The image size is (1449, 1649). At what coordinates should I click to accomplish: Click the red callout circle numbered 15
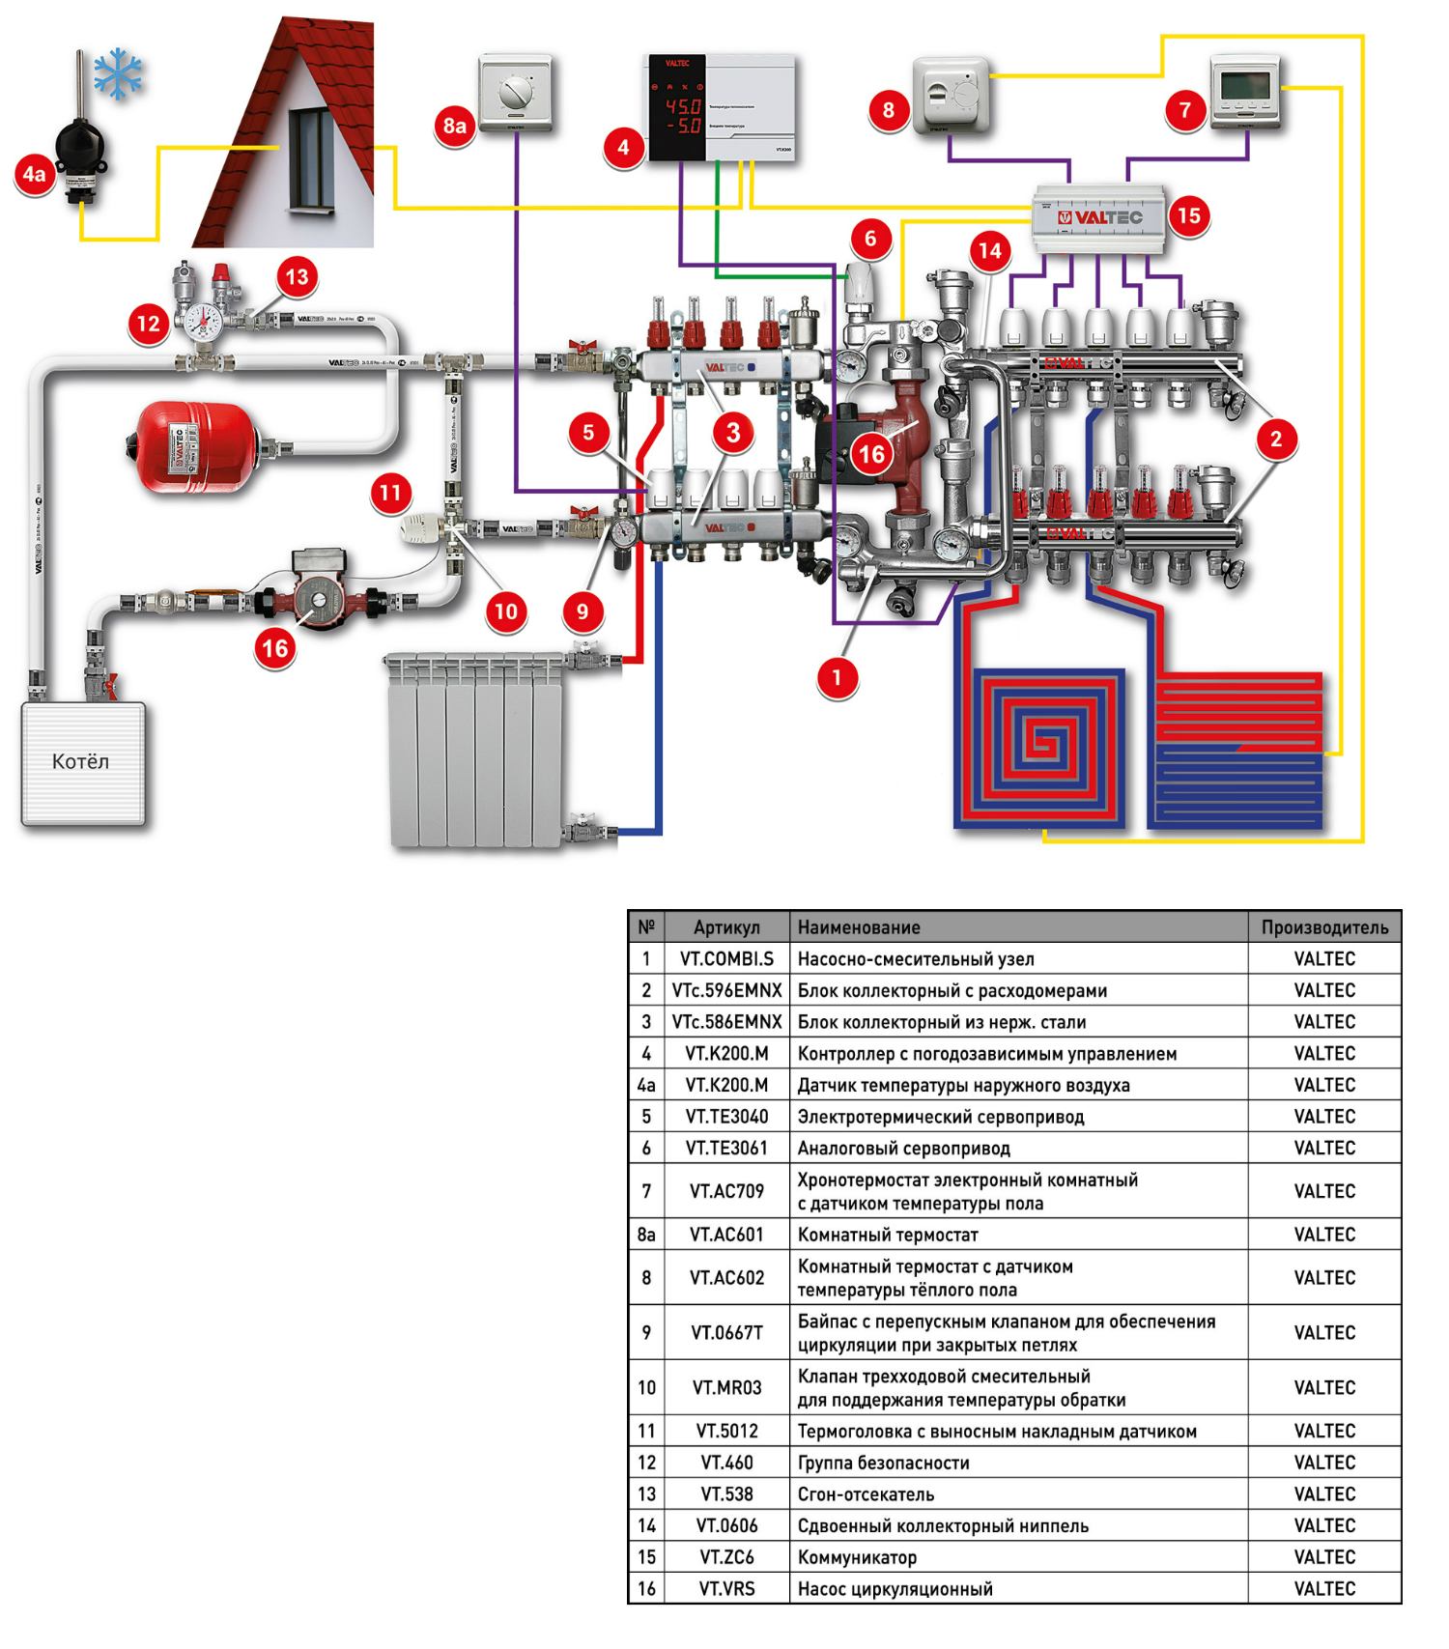1189,215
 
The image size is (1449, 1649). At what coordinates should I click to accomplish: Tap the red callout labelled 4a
34,174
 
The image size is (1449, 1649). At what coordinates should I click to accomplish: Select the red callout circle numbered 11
390,493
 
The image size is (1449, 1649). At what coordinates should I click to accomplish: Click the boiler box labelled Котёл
83,763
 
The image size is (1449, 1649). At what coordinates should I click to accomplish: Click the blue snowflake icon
118,73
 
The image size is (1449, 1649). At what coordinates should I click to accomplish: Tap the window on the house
311,159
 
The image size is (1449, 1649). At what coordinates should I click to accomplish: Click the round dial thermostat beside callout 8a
515,93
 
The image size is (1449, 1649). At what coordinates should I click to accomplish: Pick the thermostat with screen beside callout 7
1245,90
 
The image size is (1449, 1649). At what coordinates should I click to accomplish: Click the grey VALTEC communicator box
1099,218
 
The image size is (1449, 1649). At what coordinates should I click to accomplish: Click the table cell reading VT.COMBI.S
726,958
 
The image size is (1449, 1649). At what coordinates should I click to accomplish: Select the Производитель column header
1324,927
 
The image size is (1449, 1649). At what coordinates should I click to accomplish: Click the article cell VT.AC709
726,1191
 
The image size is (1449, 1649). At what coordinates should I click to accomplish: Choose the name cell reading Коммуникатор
857,1556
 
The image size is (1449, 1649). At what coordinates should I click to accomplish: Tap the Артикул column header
726,927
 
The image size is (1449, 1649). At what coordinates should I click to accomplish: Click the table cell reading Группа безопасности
883,1463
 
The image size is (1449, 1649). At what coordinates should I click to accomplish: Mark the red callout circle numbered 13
297,277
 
